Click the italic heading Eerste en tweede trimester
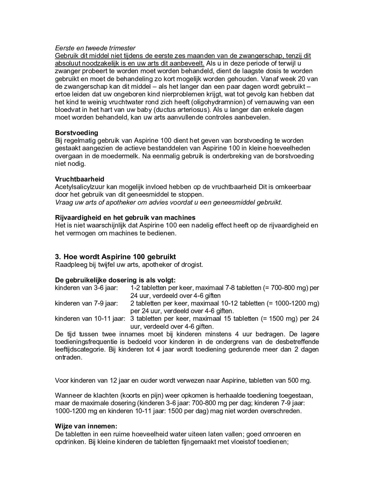[x=95, y=48]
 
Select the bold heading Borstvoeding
[x=76, y=133]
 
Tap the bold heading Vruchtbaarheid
[x=80, y=179]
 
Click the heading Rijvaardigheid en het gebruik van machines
[x=125, y=217]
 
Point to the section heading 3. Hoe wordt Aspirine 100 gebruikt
[x=115, y=257]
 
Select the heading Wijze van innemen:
[x=86, y=426]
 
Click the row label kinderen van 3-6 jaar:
[x=86, y=288]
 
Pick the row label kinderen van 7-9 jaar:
[x=86, y=303]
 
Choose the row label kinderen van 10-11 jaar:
[x=90, y=319]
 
